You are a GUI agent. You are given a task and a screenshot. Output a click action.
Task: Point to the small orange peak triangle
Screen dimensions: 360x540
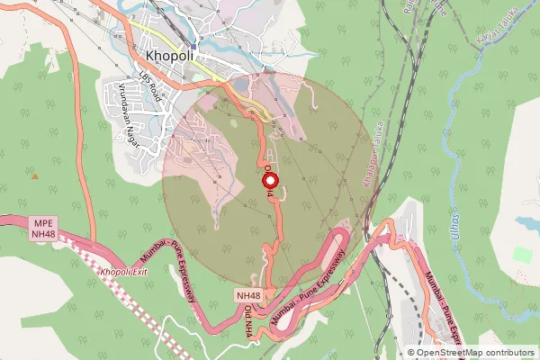click(35, 175)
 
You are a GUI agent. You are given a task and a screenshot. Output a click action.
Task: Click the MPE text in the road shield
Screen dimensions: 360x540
click(42, 222)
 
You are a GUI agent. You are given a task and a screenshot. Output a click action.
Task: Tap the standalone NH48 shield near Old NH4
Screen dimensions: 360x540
click(248, 296)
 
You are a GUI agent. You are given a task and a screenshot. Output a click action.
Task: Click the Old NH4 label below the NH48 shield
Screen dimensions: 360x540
click(248, 320)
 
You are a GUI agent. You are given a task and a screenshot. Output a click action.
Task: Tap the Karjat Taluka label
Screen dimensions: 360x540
click(486, 34)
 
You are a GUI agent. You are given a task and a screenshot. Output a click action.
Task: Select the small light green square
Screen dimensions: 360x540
click(523, 255)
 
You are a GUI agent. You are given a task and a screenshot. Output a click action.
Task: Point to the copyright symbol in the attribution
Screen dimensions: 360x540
click(411, 353)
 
